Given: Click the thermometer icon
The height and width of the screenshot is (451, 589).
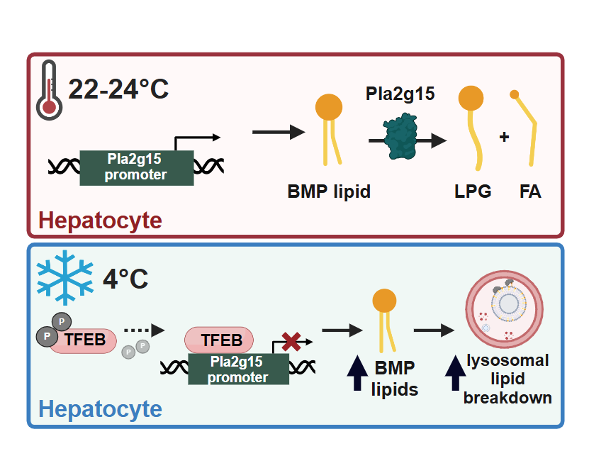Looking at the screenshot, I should pos(50,89).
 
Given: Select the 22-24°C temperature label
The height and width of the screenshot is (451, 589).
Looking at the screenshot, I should pos(118,89).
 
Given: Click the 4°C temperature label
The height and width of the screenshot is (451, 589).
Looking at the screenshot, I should pos(125,277).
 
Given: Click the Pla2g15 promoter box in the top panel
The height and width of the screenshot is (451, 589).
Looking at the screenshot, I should pos(137,167).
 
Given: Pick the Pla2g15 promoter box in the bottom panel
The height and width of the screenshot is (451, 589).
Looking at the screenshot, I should pos(238,369).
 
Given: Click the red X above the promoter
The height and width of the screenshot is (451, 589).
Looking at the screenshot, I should pos(291,341).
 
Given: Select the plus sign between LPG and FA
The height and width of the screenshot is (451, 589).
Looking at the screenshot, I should pos(505,137).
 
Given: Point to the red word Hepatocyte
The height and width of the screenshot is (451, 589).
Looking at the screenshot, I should pos(100,221).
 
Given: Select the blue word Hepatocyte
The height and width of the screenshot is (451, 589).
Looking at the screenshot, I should pos(100,409).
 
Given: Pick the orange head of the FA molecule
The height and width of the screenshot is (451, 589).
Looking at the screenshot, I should pos(515,94).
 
